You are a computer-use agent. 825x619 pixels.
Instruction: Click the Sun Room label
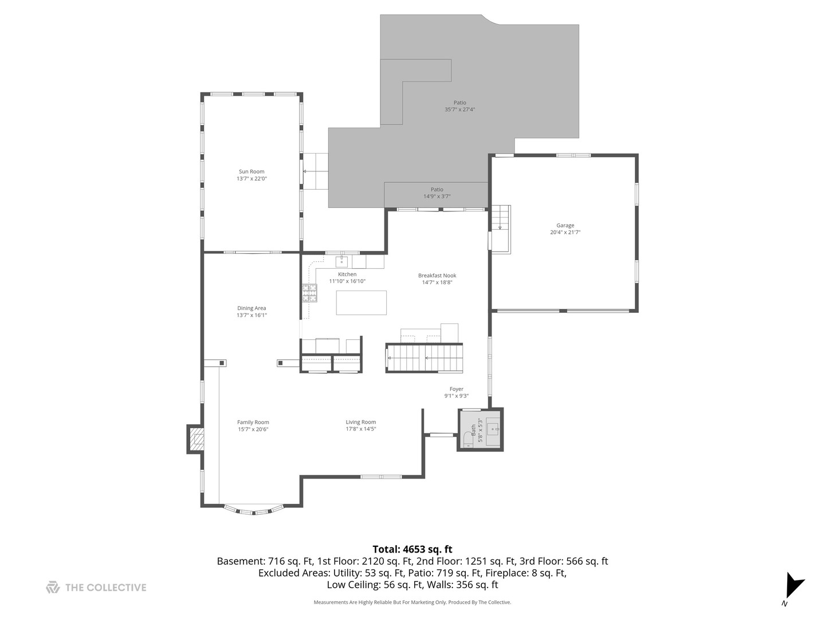coord(252,171)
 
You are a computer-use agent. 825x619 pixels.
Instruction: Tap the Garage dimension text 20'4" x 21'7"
coord(565,232)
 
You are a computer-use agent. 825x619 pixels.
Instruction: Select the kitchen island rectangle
coord(361,303)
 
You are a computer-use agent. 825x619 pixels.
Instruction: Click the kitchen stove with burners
coord(309,293)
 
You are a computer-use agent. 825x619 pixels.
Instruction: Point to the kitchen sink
coord(342,262)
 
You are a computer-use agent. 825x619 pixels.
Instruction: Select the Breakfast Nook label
coord(437,275)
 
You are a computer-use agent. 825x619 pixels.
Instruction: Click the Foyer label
coord(456,389)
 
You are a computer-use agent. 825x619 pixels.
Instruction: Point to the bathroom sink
coord(494,428)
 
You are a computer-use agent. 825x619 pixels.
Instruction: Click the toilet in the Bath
coord(467,441)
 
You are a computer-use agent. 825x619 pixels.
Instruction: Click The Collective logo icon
coord(53,587)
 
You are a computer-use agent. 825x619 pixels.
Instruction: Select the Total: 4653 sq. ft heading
coord(412,549)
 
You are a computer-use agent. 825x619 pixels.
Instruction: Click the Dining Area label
coord(252,308)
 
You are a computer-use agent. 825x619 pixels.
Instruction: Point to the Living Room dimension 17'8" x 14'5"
coord(360,429)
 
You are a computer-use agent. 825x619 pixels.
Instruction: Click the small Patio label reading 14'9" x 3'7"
coord(437,196)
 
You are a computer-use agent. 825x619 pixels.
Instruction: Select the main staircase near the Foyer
coord(424,358)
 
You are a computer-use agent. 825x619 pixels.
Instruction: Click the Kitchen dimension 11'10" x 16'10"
coord(347,281)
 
